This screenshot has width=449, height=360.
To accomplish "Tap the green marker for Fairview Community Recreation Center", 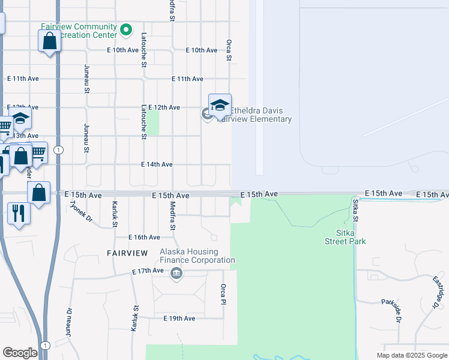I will (126, 29).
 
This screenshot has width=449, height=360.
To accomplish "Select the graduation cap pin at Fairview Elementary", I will (220, 105).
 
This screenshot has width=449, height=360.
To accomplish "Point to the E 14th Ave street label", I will (157, 164).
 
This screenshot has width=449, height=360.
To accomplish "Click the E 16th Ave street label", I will (145, 238).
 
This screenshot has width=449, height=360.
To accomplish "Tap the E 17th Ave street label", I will (148, 271).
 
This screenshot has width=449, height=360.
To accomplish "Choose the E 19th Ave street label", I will (179, 318).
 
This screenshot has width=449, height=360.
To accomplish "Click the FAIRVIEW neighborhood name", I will (127, 253).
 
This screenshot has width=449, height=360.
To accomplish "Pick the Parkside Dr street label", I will (396, 311).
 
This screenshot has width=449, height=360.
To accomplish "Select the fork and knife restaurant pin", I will (18, 213).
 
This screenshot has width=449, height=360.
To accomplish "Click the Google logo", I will (20, 353).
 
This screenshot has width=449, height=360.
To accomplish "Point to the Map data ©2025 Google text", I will (411, 355).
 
